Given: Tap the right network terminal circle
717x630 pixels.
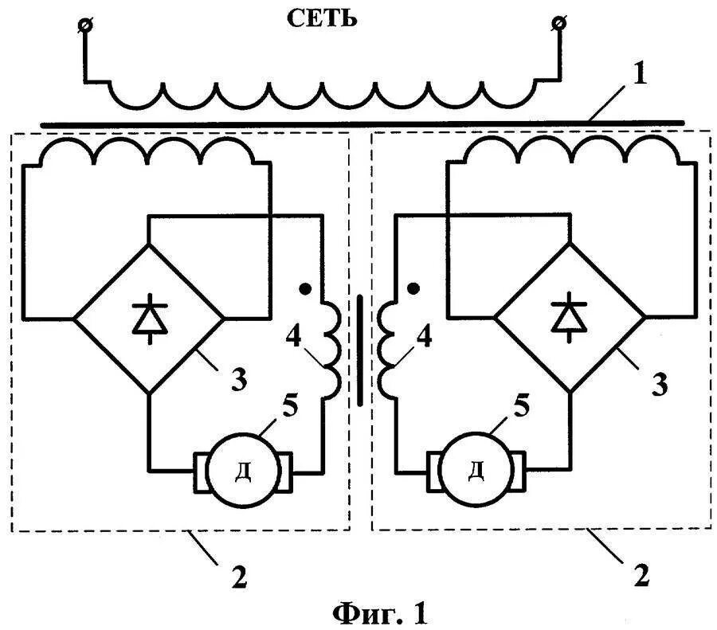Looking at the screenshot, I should click(x=559, y=25).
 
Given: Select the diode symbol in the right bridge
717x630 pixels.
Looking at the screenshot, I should click(x=570, y=317).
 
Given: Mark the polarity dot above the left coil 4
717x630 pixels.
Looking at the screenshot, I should click(x=304, y=288).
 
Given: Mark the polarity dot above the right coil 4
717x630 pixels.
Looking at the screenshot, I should click(x=413, y=287).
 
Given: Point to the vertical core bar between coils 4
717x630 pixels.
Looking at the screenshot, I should click(x=360, y=350).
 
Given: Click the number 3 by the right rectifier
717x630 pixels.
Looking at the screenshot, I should click(x=660, y=385).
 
